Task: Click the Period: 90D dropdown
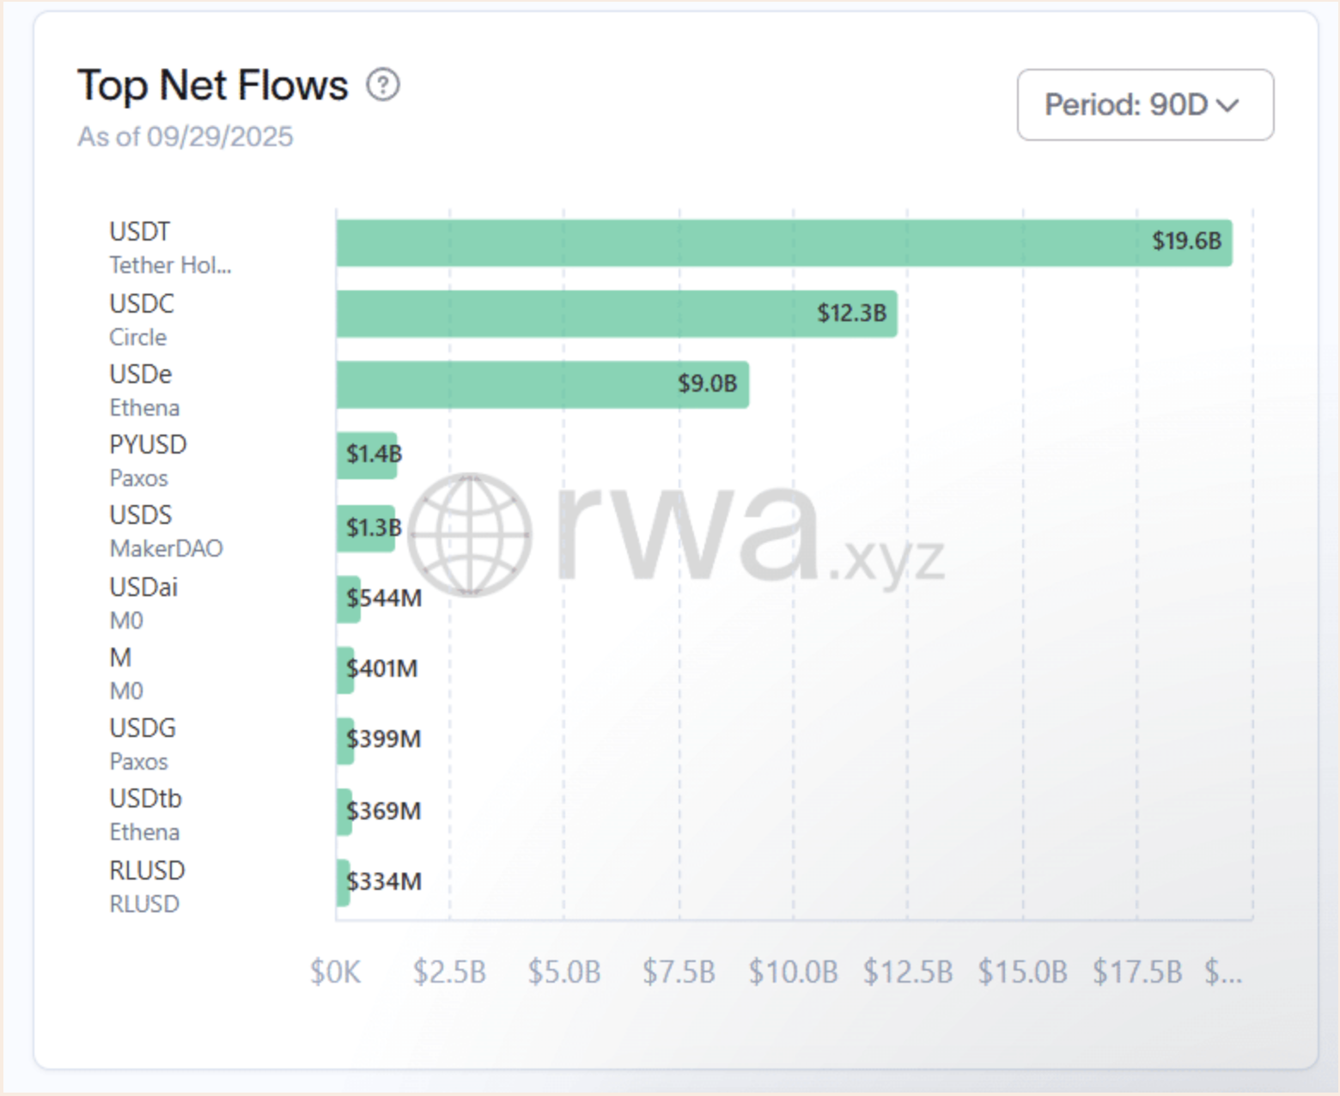point(1144,105)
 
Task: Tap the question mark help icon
point(383,85)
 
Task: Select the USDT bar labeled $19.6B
point(783,242)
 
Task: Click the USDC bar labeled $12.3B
point(616,314)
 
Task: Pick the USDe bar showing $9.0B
point(542,384)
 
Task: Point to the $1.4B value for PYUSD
point(374,454)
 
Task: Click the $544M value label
point(384,598)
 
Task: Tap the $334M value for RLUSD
point(384,881)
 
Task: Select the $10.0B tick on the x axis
point(793,972)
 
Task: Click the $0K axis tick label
point(335,972)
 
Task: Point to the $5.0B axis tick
point(564,972)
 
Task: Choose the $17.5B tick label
point(1137,972)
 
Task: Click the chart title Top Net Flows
point(212,86)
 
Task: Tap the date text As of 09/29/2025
point(186,137)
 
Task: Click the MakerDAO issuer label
point(166,549)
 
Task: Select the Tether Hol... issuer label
point(170,265)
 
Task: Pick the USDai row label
point(143,588)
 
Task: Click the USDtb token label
point(145,799)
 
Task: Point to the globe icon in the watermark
point(469,534)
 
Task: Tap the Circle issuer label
point(137,338)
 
